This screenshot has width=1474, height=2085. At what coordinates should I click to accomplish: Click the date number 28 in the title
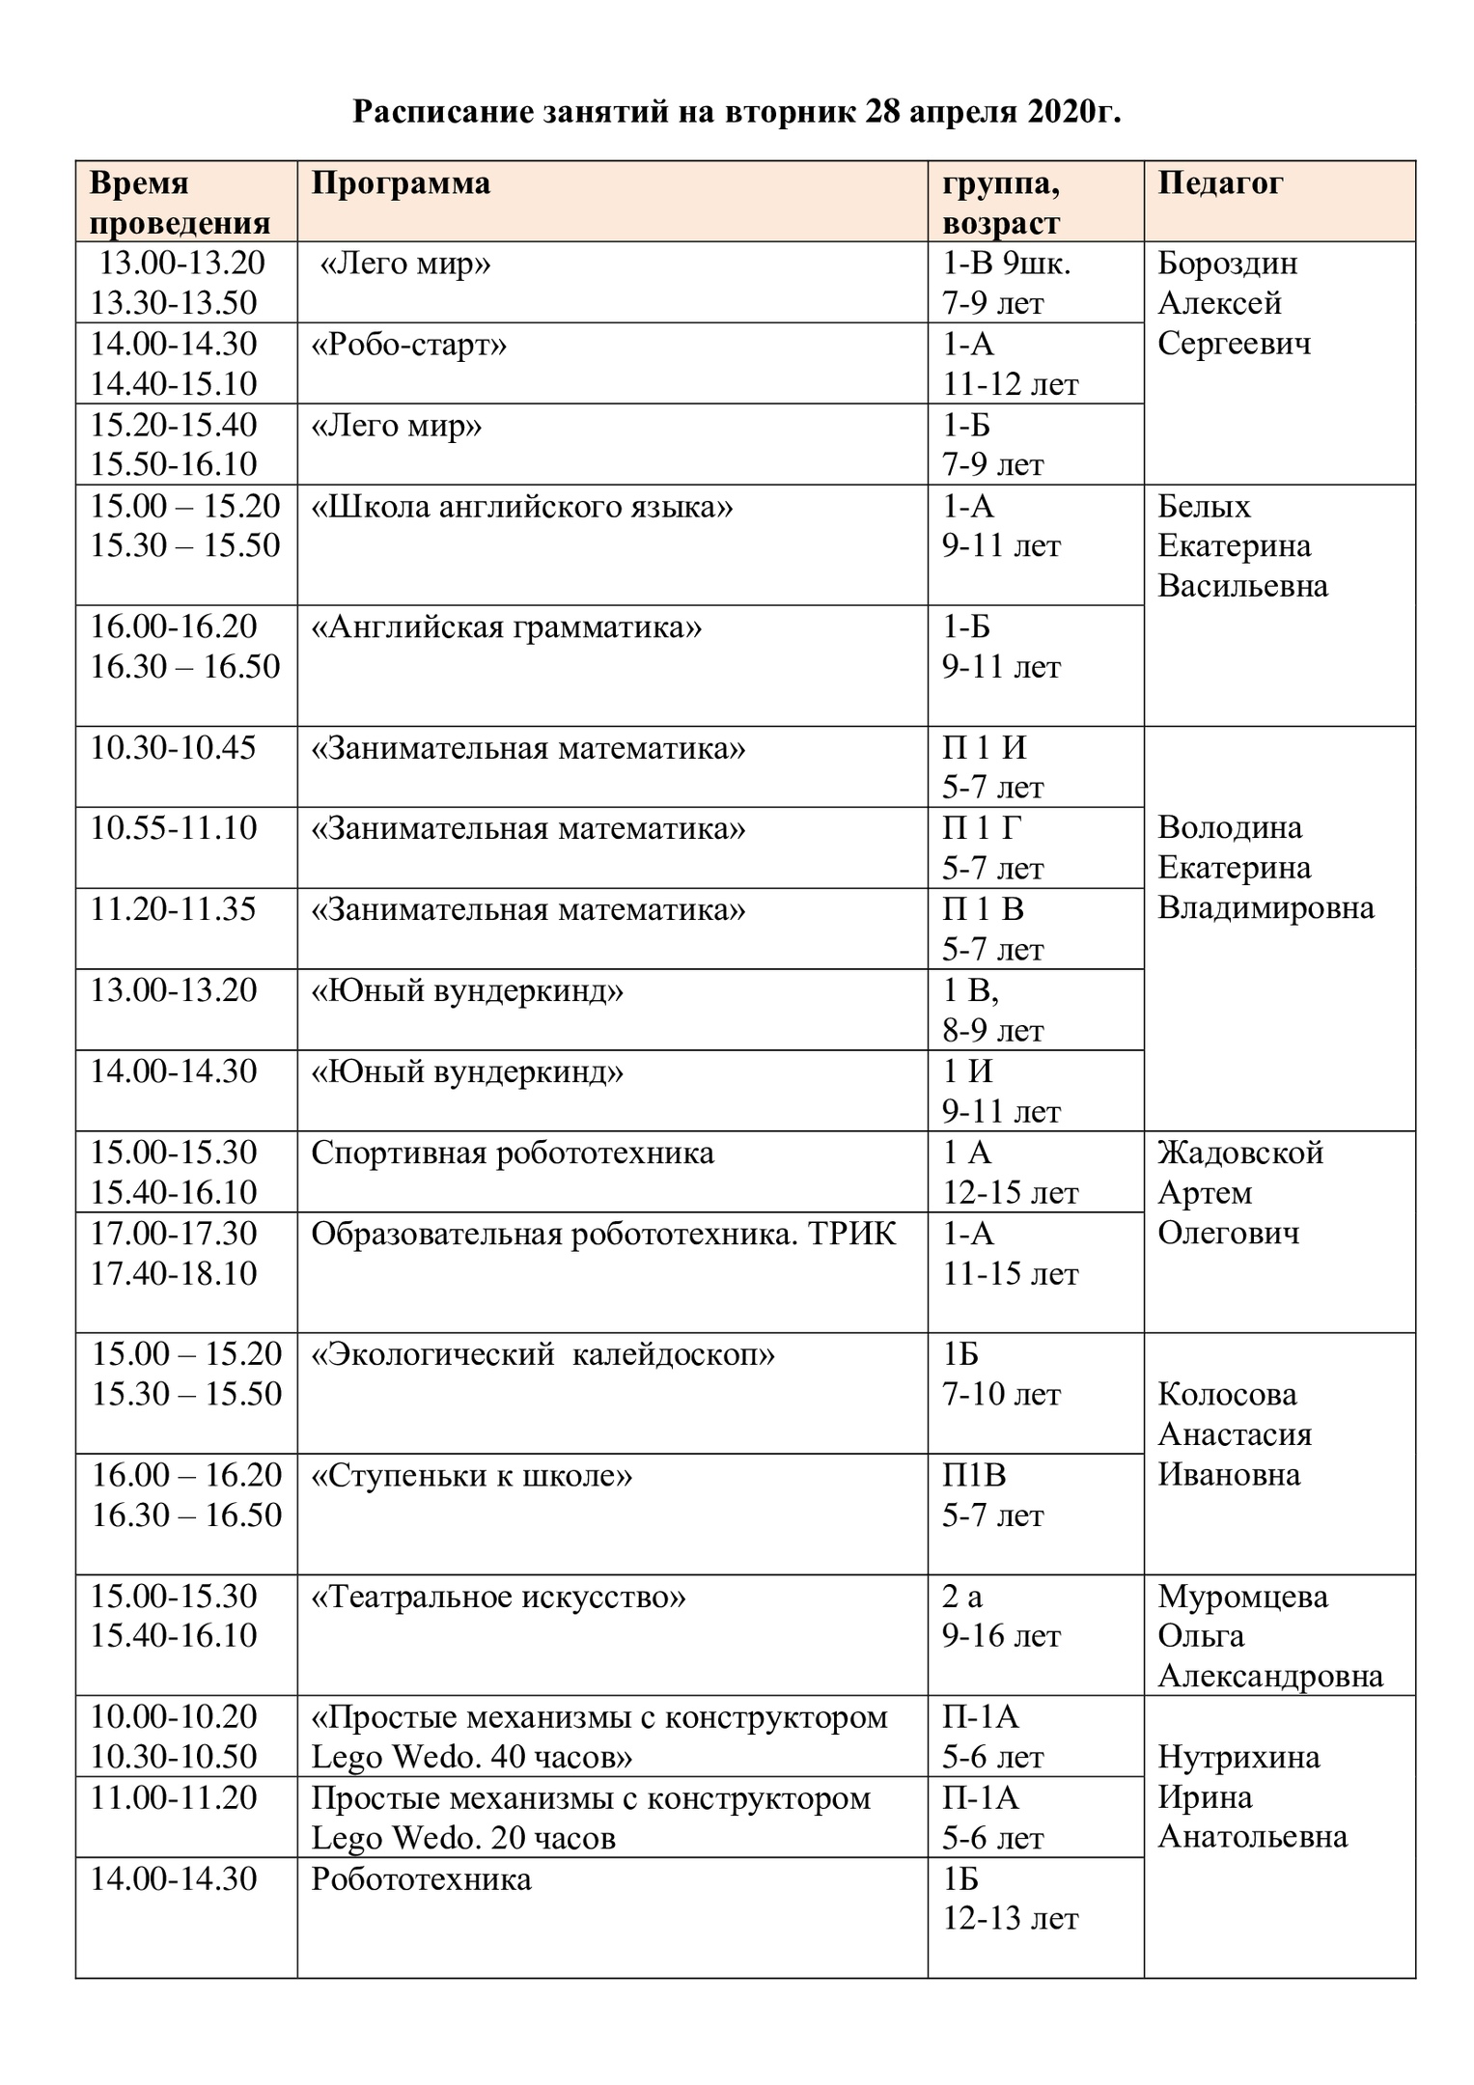coord(883,113)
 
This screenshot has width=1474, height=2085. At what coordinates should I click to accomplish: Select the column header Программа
coord(401,183)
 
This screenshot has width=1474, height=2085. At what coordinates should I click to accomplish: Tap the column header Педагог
coord(1220,183)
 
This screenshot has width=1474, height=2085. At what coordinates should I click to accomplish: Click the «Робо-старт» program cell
coord(408,345)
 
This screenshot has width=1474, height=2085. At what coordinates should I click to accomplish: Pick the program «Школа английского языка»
coord(522,506)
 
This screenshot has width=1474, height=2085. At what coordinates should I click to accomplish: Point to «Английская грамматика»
coord(507,627)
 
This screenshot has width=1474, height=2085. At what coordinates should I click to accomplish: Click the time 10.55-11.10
coord(174,828)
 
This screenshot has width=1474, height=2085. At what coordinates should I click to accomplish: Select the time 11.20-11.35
coord(174,909)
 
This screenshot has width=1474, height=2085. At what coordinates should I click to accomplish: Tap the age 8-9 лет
coord(993,1031)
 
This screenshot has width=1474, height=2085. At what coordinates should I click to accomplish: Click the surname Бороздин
coord(1227,263)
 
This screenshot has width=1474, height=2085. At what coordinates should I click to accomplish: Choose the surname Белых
coord(1204,506)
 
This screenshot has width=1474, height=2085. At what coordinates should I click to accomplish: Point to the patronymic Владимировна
coord(1265,908)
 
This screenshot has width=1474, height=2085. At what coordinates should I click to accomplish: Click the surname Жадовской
coord(1239,1153)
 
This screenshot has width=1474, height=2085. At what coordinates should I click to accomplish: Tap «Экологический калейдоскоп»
coord(542,1355)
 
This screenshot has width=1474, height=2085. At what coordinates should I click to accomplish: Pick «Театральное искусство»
coord(498,1598)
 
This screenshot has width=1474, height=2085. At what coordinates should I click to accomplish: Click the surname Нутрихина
coord(1238,1757)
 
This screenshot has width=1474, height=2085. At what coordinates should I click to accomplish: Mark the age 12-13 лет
coord(1010,1919)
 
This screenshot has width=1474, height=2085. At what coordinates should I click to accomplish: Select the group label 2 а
coord(962,1598)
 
